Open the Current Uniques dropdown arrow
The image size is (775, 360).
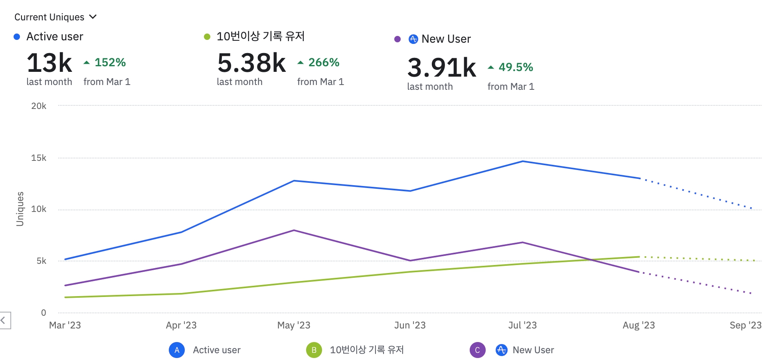(x=93, y=17)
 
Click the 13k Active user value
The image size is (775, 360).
(x=49, y=63)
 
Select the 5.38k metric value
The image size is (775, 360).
(x=251, y=63)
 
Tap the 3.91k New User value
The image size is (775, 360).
(x=441, y=67)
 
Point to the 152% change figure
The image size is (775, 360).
(x=110, y=63)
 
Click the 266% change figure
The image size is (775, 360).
(x=324, y=63)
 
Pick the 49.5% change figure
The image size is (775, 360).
(x=516, y=67)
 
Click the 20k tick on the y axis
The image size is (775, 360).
(x=39, y=106)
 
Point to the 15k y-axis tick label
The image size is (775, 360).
(x=39, y=158)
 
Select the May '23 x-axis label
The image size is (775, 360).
(x=294, y=325)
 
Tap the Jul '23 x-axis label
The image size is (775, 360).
(x=522, y=325)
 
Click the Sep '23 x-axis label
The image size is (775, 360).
(x=745, y=325)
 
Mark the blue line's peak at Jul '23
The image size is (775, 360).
(x=523, y=161)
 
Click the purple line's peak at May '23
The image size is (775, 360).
(x=294, y=230)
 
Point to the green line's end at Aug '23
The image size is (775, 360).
(x=639, y=257)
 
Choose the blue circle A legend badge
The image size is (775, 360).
(x=177, y=350)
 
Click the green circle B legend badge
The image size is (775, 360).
(x=314, y=350)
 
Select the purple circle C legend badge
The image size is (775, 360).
(x=478, y=350)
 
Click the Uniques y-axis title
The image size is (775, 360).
(x=20, y=209)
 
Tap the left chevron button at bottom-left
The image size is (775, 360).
(x=4, y=320)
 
